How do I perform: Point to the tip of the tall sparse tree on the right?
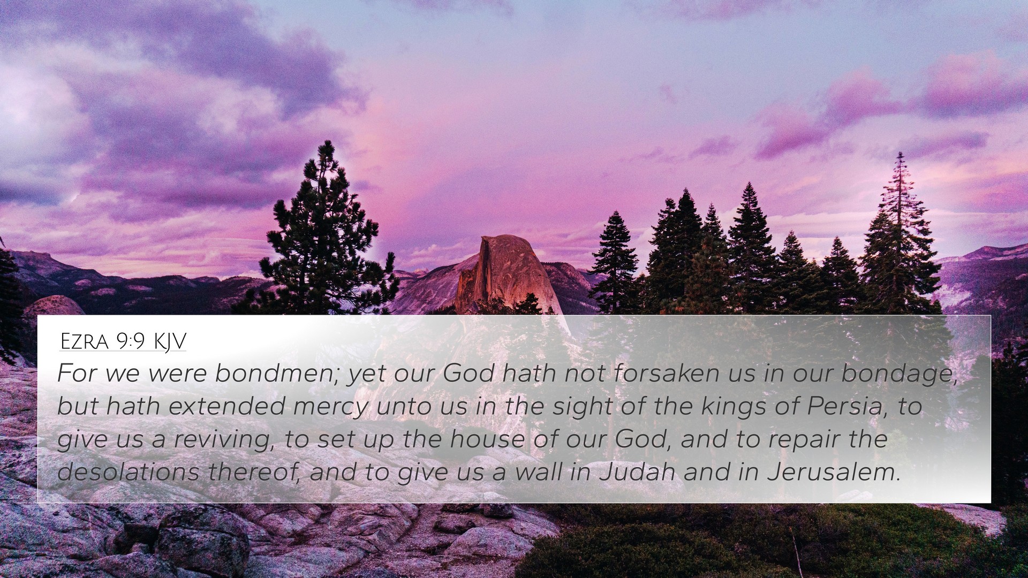[901, 153]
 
